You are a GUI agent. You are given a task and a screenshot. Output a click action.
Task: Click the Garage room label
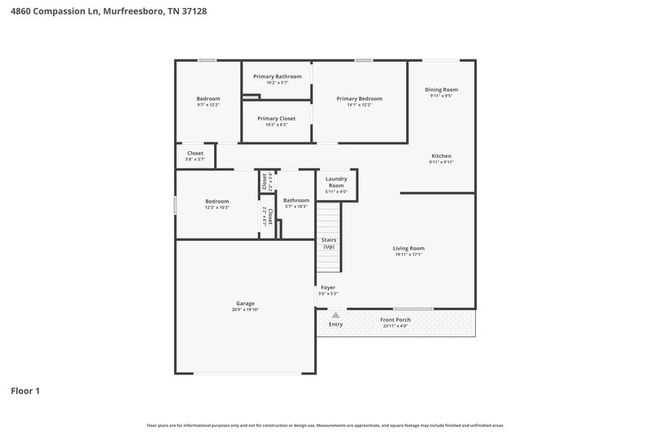tap(245, 303)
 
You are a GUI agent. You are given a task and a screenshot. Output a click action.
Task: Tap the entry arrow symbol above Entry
tap(335, 314)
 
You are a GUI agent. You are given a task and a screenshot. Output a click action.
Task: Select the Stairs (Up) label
tap(329, 243)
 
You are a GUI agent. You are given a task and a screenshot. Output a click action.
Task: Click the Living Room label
tap(409, 248)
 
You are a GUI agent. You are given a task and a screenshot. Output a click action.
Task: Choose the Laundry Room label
tap(336, 182)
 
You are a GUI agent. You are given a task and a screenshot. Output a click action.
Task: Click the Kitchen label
tap(441, 156)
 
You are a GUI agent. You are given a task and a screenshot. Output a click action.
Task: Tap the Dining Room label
tap(441, 90)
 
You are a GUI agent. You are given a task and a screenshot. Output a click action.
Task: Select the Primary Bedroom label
tap(359, 99)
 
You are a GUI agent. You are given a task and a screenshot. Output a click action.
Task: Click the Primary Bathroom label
tap(277, 77)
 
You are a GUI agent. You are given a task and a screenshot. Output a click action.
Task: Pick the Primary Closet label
tap(277, 118)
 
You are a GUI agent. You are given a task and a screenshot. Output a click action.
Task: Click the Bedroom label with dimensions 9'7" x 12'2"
tap(208, 99)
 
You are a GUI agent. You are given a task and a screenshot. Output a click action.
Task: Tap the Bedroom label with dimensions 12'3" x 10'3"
tap(217, 201)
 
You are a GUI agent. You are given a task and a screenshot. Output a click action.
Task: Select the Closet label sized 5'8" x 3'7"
tap(195, 153)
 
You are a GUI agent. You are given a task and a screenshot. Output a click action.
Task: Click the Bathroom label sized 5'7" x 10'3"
tap(296, 200)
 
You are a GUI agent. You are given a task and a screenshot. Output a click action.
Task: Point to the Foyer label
tap(328, 287)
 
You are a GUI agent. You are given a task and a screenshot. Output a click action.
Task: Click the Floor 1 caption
tap(25, 391)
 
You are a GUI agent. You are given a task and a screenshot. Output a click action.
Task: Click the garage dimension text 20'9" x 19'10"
tap(245, 309)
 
